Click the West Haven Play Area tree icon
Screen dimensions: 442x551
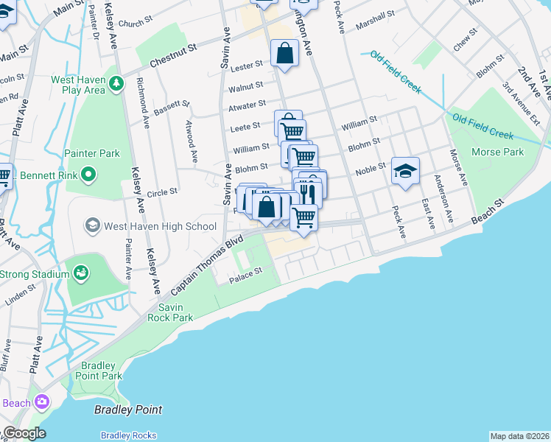pos(116,85)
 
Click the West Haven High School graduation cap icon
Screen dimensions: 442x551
pos(93,225)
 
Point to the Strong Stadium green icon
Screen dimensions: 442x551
pos(81,275)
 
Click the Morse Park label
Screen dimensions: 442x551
pos(503,152)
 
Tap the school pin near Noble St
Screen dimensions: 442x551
pos(404,172)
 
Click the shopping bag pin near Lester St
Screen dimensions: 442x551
pos(284,53)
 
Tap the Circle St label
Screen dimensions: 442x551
pos(162,192)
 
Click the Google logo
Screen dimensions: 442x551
pos(24,433)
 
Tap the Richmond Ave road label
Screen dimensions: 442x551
pos(141,103)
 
